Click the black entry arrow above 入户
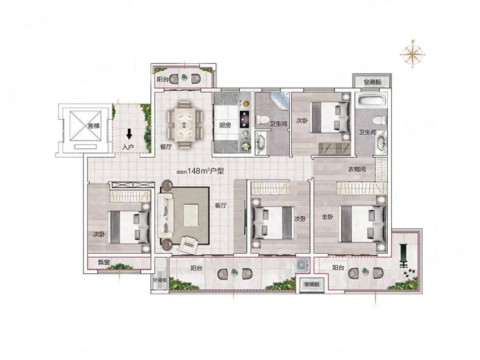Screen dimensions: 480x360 click(x=129, y=134)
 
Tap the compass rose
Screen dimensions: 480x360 click(x=412, y=54)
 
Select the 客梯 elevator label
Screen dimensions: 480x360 click(x=94, y=126)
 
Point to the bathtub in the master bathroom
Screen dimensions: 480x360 click(x=370, y=100)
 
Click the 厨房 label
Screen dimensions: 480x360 click(x=225, y=126)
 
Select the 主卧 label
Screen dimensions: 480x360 click(x=327, y=217)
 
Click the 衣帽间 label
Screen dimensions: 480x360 click(x=357, y=169)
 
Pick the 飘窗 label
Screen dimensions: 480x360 click(x=103, y=262)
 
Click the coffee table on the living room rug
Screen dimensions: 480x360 click(x=191, y=215)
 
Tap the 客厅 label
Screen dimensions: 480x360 click(x=220, y=205)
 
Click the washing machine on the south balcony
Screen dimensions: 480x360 click(x=302, y=265)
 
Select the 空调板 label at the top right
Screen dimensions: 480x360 click(x=372, y=82)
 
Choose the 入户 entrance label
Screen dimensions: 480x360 click(x=128, y=147)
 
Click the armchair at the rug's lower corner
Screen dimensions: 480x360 click(x=188, y=244)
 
